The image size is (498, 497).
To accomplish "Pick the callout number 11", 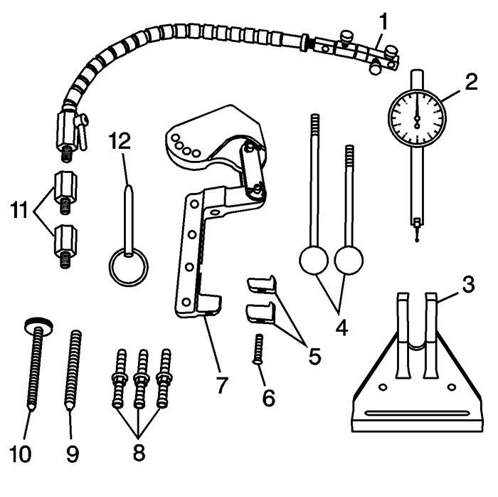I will (x=22, y=211).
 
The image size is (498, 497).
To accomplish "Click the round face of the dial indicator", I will (x=416, y=117).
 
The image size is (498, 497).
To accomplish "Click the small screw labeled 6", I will (x=259, y=348).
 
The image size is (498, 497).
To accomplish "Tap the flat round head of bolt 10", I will (x=36, y=325).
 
